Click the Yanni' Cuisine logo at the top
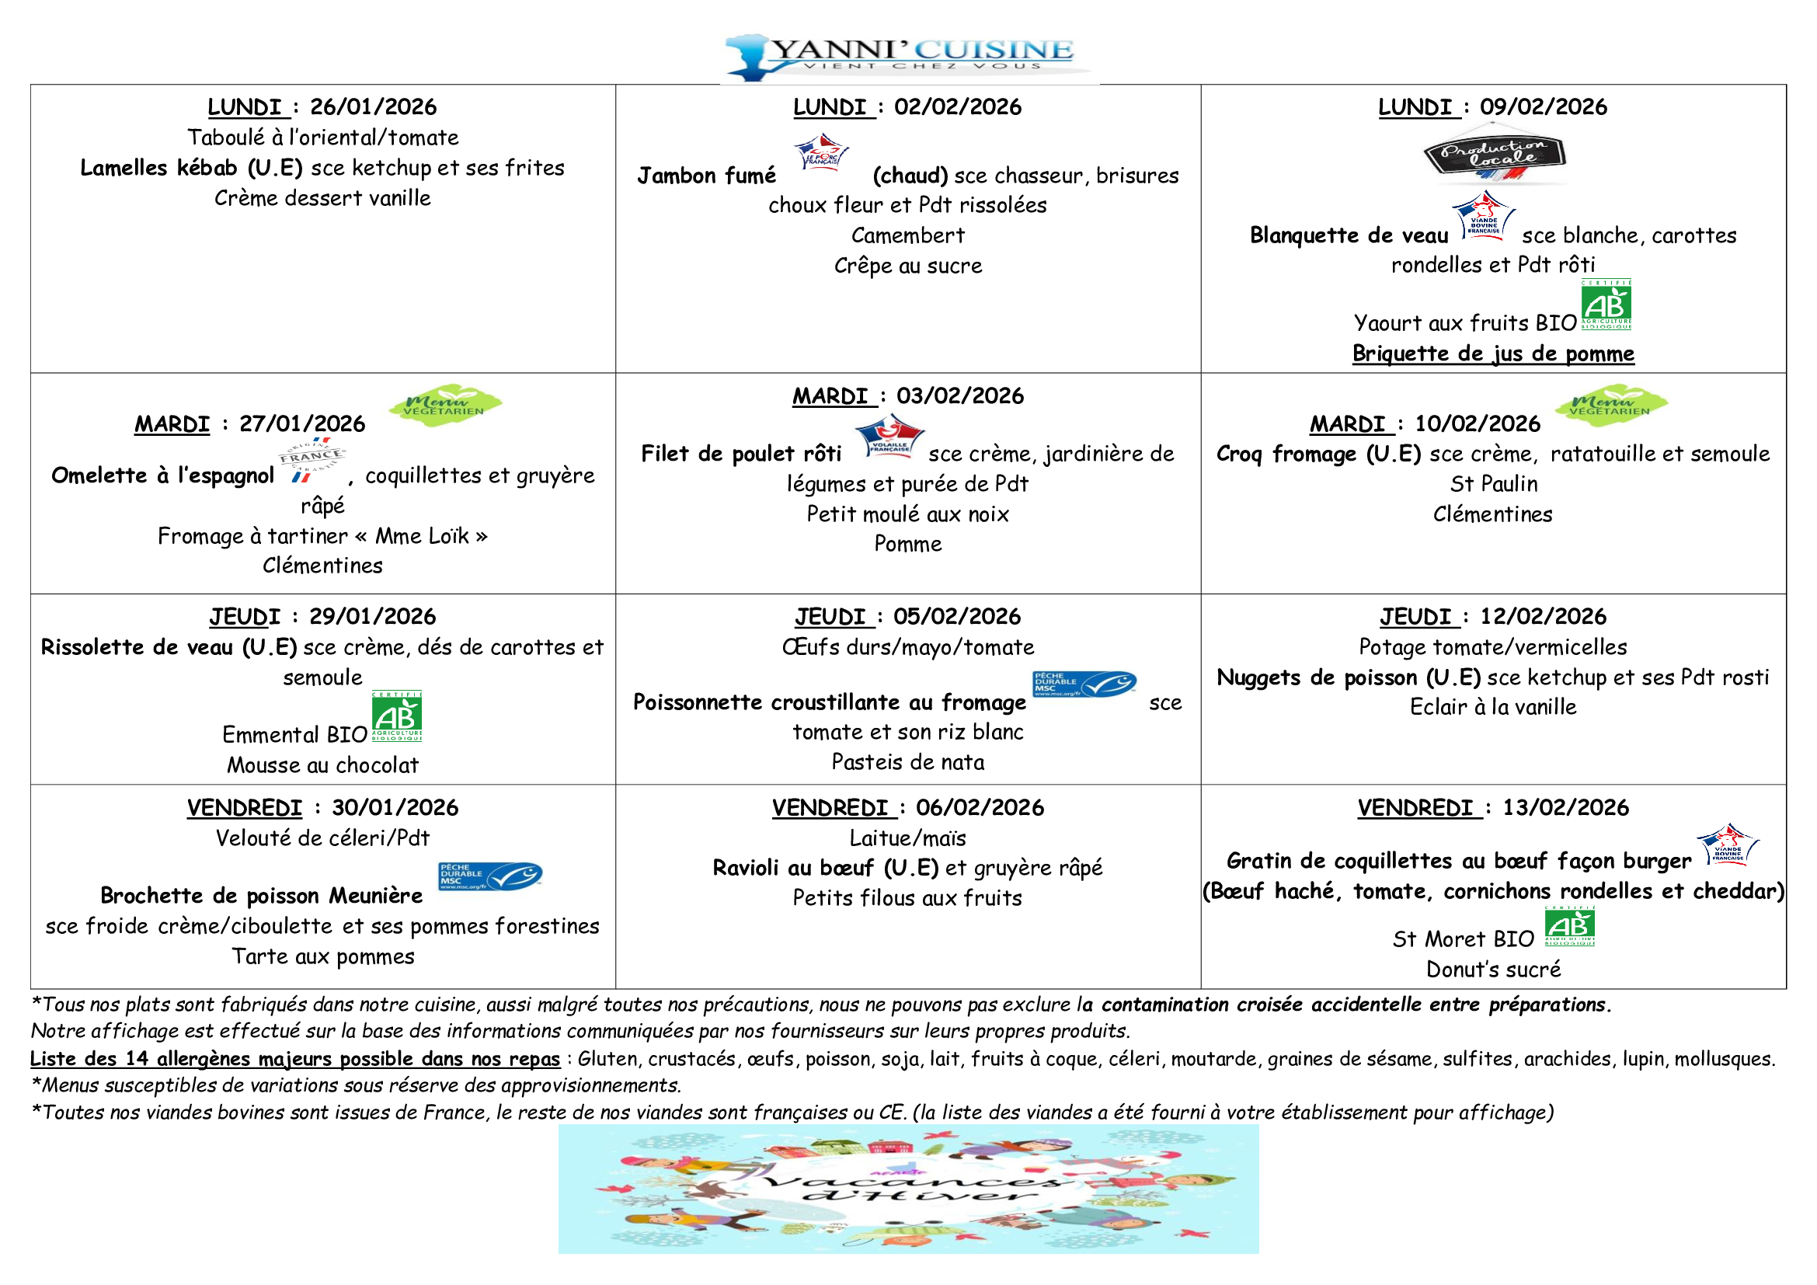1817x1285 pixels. tap(909, 55)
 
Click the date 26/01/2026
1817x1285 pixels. tap(373, 106)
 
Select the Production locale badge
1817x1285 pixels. tap(1494, 156)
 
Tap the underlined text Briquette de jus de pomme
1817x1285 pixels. tap(1492, 353)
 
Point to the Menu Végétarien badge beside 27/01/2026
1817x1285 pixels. tap(445, 405)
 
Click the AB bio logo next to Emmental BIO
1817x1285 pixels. tap(396, 716)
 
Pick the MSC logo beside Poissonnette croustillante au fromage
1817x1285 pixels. tap(1084, 684)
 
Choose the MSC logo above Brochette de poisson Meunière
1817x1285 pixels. tap(490, 876)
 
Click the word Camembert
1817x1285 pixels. tap(907, 236)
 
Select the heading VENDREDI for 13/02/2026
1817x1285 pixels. tap(1415, 808)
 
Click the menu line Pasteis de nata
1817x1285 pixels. tap(907, 763)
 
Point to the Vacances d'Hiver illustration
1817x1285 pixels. tap(909, 1189)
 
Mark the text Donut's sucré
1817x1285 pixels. tap(1492, 970)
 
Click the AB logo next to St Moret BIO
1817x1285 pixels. tap(1569, 927)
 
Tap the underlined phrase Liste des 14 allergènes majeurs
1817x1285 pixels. tap(294, 1060)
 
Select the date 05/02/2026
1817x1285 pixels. tap(957, 617)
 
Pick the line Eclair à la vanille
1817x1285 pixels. tap(1492, 708)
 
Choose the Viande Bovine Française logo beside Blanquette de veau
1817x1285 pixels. tap(1483, 216)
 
